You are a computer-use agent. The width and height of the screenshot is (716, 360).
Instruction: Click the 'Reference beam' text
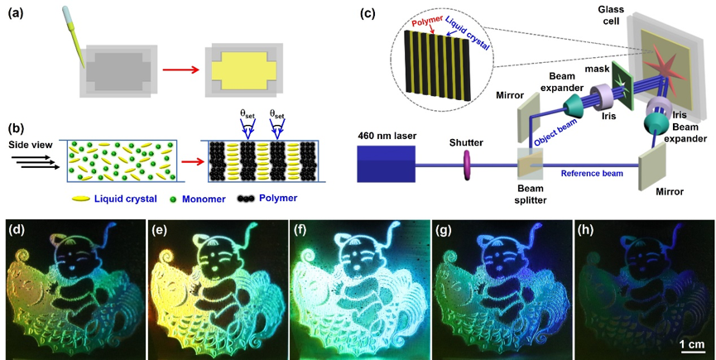(x=592, y=175)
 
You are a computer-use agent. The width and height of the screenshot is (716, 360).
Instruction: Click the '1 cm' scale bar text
(x=692, y=343)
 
